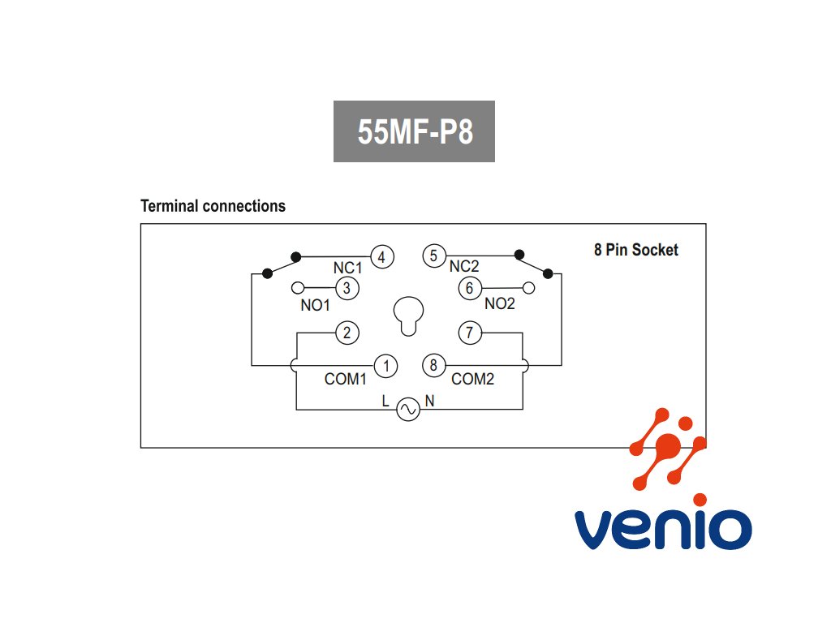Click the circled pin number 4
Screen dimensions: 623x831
tap(382, 257)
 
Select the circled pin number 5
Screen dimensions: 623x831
tap(433, 256)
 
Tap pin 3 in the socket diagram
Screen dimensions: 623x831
tap(347, 288)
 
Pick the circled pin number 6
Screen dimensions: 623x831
tap(469, 288)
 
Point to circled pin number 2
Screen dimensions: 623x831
tap(347, 333)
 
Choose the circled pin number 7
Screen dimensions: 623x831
tap(470, 333)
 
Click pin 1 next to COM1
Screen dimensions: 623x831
tap(386, 366)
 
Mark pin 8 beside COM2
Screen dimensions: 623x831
tap(433, 366)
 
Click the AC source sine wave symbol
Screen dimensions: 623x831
tap(407, 410)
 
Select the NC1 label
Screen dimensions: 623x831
tap(347, 267)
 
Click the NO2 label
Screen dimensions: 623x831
tap(500, 304)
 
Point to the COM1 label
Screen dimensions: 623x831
tap(347, 379)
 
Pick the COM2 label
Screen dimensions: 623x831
tap(472, 379)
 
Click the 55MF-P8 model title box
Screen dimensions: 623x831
tap(414, 131)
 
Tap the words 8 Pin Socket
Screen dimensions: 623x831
tap(635, 250)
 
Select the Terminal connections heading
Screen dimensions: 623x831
tap(213, 206)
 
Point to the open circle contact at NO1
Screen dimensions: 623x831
tap(298, 288)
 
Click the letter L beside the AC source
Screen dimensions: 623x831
tap(386, 401)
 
